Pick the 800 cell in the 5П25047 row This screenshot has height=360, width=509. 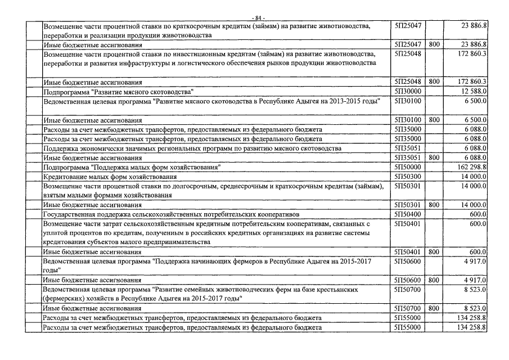point(434,44)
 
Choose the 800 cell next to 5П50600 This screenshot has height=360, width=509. point(434,280)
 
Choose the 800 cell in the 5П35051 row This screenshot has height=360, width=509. point(434,158)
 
